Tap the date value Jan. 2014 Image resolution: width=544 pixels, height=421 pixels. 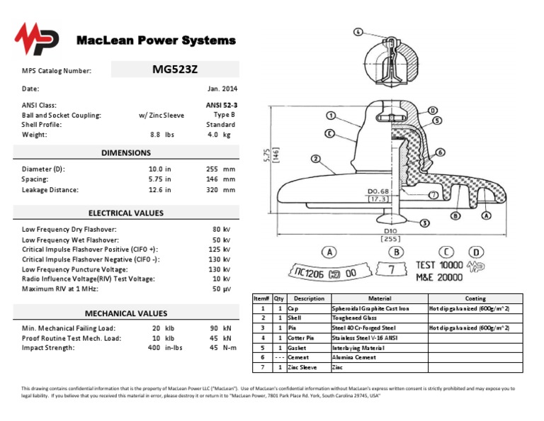[222, 89]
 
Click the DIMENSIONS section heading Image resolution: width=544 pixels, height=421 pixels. [126, 152]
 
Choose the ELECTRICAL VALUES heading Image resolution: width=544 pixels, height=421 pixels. [126, 213]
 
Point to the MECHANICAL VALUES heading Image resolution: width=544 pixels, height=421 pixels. [126, 313]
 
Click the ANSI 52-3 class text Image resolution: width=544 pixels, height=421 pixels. [222, 105]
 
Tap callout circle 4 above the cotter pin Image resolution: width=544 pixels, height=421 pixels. [358, 32]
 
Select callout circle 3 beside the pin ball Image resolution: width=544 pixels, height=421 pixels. [424, 223]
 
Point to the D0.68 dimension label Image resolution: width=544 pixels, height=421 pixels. [378, 191]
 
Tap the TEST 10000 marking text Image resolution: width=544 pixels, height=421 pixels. [439, 265]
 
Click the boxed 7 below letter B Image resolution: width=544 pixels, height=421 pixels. [397, 270]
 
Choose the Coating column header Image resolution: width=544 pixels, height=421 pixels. [475, 298]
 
